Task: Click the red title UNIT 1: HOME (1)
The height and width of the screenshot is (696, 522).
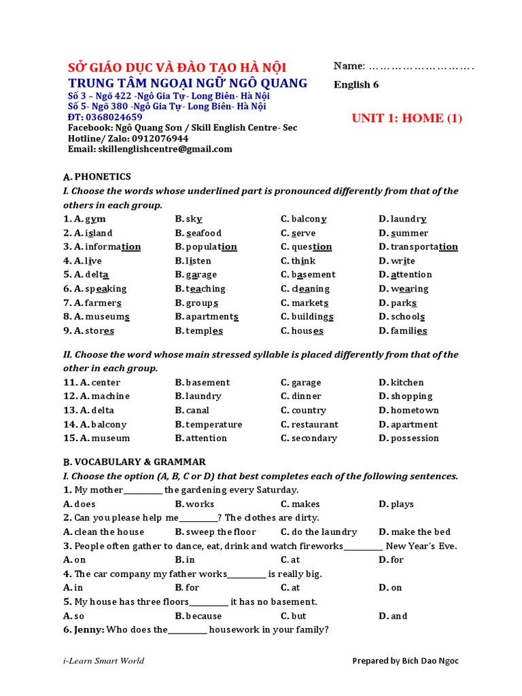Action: click(406, 118)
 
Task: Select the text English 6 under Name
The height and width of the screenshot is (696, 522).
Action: click(356, 85)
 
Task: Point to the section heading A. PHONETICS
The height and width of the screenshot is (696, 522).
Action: click(97, 177)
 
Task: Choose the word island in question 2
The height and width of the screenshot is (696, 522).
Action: click(98, 233)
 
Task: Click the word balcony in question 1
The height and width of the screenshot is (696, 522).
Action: click(309, 219)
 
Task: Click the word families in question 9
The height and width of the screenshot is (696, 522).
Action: click(408, 331)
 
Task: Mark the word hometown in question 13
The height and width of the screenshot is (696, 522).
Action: click(415, 411)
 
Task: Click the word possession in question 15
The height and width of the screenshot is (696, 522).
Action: click(415, 438)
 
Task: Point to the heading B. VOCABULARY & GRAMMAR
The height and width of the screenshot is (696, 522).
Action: click(135, 462)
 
